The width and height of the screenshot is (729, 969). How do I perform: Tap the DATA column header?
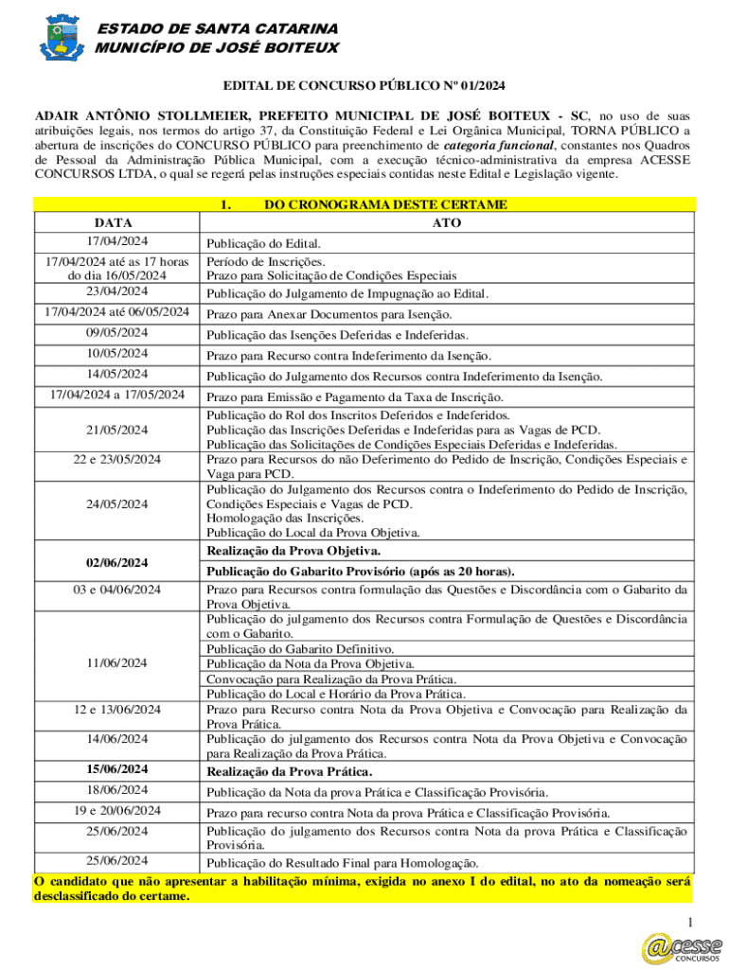click(x=115, y=220)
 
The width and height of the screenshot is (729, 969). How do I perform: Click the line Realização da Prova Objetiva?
click(x=294, y=551)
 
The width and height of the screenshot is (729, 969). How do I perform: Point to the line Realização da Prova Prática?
click(x=290, y=772)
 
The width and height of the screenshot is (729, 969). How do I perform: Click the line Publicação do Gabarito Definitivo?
click(x=301, y=649)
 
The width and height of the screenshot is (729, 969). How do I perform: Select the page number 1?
click(x=691, y=923)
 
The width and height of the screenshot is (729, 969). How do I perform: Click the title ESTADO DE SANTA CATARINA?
click(x=219, y=29)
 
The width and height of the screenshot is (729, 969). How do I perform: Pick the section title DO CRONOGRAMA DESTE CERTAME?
click(x=385, y=204)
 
